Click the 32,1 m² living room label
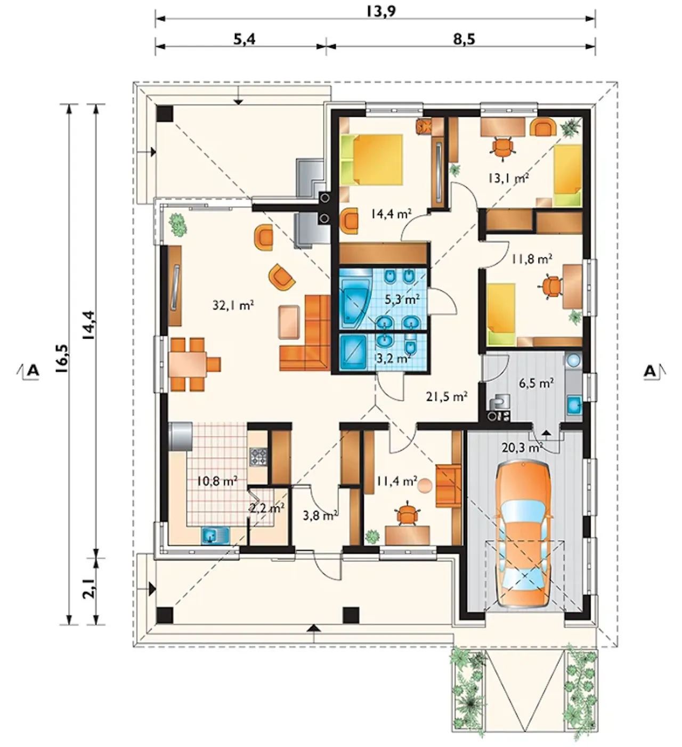pyautogui.click(x=233, y=305)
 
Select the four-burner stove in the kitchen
pyautogui.click(x=258, y=457)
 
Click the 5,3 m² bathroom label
pyautogui.click(x=402, y=299)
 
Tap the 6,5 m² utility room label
pyautogui.click(x=536, y=383)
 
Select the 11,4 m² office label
pyautogui.click(x=396, y=482)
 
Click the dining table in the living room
pyautogui.click(x=188, y=364)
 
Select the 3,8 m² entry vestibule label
pyautogui.click(x=320, y=516)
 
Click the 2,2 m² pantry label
pyautogui.click(x=267, y=508)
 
